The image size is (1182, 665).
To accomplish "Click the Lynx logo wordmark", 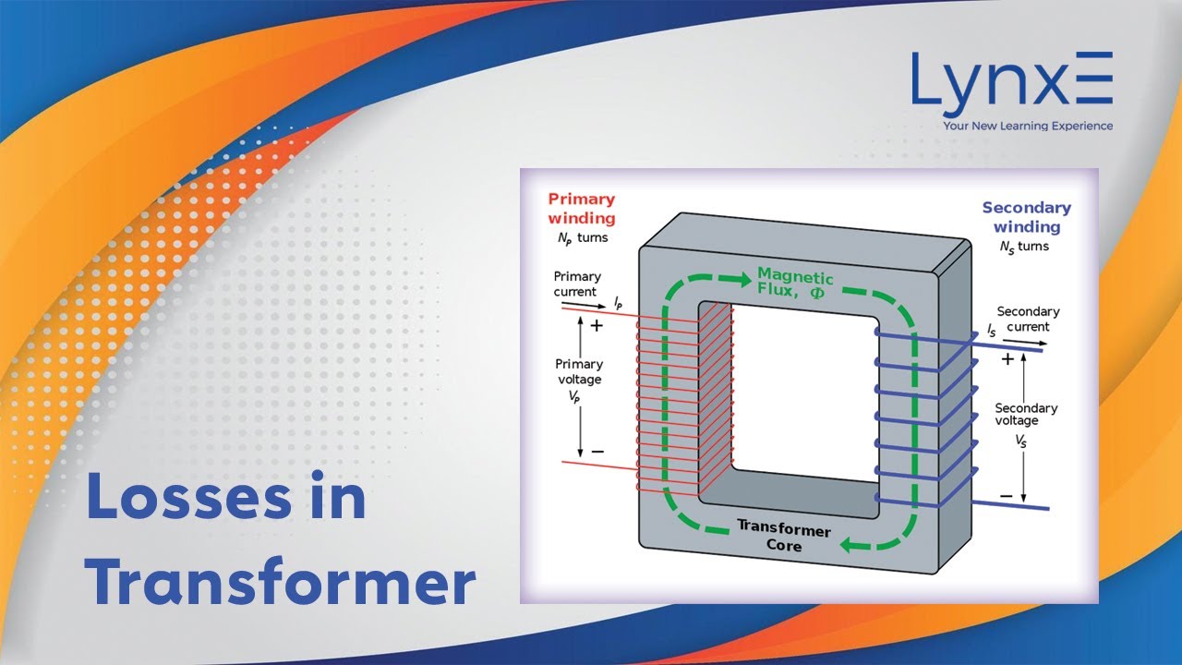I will coord(1011,81).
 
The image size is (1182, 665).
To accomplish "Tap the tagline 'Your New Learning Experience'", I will coord(1027,126).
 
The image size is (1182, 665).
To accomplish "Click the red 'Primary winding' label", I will coord(581,209).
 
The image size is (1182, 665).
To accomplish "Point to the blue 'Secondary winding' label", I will coord(1026,217).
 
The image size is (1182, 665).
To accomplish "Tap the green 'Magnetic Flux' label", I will coord(795,284).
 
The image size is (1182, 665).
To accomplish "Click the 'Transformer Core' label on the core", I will coord(783,538).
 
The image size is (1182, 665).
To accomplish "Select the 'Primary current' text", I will coord(577,284).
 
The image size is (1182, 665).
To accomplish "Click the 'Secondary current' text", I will coord(1028,319).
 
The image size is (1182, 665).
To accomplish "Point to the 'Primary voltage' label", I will coord(578,371).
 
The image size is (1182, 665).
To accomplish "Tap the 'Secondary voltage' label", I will coord(1026,415).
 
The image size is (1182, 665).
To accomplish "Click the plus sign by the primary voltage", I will coord(597,326).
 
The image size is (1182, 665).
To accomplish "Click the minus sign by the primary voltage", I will coord(597,451).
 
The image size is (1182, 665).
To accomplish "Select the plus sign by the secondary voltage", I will coord(1007,359).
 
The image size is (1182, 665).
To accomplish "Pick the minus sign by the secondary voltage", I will coord(1007,496).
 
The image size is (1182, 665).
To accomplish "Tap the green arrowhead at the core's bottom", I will coord(848,545).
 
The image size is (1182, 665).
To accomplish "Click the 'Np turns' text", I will coord(578,238).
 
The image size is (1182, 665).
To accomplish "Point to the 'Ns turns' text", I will coord(1024,247).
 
